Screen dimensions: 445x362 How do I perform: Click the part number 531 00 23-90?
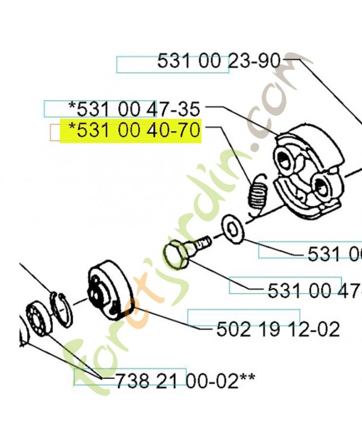[x=219, y=61]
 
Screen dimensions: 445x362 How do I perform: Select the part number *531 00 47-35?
[x=133, y=107]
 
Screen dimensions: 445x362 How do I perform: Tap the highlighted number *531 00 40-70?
[x=133, y=132]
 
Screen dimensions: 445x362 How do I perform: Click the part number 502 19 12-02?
[x=278, y=329]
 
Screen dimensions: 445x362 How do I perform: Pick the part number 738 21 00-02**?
[x=185, y=380]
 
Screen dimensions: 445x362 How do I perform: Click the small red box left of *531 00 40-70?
[x=55, y=132]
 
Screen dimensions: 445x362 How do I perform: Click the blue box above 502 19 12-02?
[x=244, y=317]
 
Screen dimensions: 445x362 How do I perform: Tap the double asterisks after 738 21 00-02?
[x=248, y=380]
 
